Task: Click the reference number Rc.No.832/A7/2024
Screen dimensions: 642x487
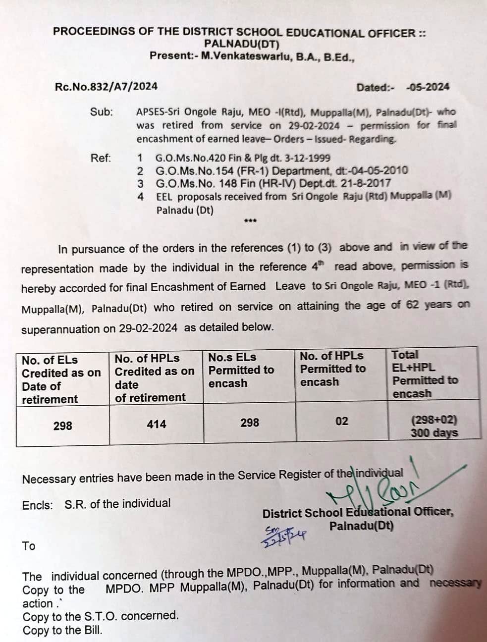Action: [x=106, y=86]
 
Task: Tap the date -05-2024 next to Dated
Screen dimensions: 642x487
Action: [x=428, y=87]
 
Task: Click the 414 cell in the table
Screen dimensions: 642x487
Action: [x=157, y=424]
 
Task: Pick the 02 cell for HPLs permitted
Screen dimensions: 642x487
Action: [x=342, y=421]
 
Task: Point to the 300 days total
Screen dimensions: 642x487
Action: [x=434, y=433]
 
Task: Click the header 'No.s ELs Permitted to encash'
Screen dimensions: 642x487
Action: [x=241, y=370]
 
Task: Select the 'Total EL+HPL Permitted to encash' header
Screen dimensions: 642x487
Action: [x=425, y=374]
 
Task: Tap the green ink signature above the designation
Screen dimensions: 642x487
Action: [x=377, y=488]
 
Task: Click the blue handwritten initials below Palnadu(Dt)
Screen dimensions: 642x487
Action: [x=283, y=535]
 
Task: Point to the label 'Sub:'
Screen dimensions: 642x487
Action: [x=102, y=112]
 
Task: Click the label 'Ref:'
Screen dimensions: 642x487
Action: [x=101, y=159]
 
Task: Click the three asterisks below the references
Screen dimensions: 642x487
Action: [x=250, y=221]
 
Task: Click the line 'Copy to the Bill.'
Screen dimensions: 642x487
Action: [x=62, y=631]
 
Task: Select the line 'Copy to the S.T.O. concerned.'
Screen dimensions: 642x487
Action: [x=101, y=616]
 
